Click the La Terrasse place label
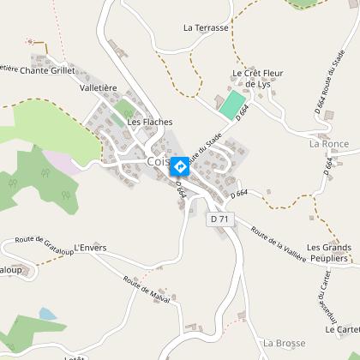pyautogui.click(x=207, y=27)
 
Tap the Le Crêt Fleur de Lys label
pyautogui.click(x=256, y=79)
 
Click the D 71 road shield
pyautogui.click(x=220, y=219)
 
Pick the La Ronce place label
pyautogui.click(x=329, y=144)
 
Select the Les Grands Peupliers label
pyautogui.click(x=329, y=254)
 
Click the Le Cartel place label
pyautogui.click(x=342, y=329)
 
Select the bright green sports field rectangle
pyautogui.click(x=231, y=105)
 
